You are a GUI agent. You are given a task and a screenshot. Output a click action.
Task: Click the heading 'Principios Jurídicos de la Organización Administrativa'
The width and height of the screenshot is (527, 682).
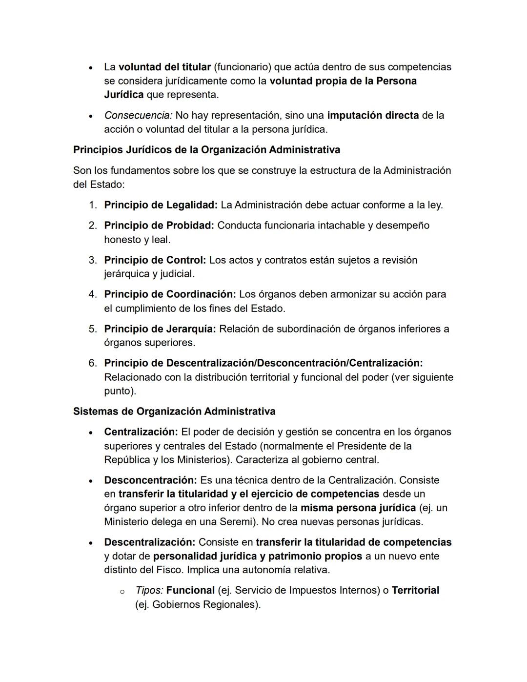point(206,150)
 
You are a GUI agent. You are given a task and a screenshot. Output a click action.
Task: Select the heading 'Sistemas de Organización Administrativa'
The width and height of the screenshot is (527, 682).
point(174,412)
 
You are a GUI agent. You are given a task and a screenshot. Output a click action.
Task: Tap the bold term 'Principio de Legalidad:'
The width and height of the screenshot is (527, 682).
point(161,205)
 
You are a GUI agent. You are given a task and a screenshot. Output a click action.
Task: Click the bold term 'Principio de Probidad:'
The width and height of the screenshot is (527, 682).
point(159,226)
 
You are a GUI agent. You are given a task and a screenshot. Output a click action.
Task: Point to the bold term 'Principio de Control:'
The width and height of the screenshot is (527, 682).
point(155,260)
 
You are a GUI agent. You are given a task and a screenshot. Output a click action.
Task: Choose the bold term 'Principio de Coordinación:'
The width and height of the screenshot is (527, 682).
point(170,294)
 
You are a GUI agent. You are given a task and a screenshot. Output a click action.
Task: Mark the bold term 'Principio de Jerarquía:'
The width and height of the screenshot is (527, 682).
point(160,329)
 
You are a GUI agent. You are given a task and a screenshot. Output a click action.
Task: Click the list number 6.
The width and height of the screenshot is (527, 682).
point(93,363)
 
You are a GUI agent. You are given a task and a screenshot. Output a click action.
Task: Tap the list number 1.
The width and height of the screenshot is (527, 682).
point(93,205)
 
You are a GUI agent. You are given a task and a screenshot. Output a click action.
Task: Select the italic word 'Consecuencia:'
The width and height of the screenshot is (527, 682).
point(138,116)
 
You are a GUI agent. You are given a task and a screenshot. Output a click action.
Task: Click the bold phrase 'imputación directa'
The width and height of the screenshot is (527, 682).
point(373,116)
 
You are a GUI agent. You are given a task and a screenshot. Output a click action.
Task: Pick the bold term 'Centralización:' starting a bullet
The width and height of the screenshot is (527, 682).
point(141,432)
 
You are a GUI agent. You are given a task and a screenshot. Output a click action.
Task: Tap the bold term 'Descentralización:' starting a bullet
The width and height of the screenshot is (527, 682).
point(150,542)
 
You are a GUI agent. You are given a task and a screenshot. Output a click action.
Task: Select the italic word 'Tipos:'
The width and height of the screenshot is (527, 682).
point(149,591)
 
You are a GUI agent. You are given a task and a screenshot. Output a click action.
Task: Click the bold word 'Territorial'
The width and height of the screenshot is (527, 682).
point(415,591)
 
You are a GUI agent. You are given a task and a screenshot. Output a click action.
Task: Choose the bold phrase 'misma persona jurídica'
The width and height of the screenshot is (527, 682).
point(358,508)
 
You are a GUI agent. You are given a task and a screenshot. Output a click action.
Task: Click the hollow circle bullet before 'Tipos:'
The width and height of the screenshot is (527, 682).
point(122,592)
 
